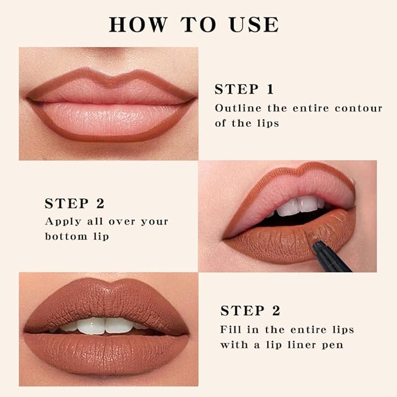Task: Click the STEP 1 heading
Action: coord(244,89)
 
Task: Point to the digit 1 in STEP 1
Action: coord(270,89)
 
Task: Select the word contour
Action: coord(358,108)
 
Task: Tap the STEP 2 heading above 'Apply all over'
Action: coord(74,203)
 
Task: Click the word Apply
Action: coord(62,222)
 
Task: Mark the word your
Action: coord(155,222)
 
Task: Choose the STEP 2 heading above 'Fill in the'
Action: coord(250,310)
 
